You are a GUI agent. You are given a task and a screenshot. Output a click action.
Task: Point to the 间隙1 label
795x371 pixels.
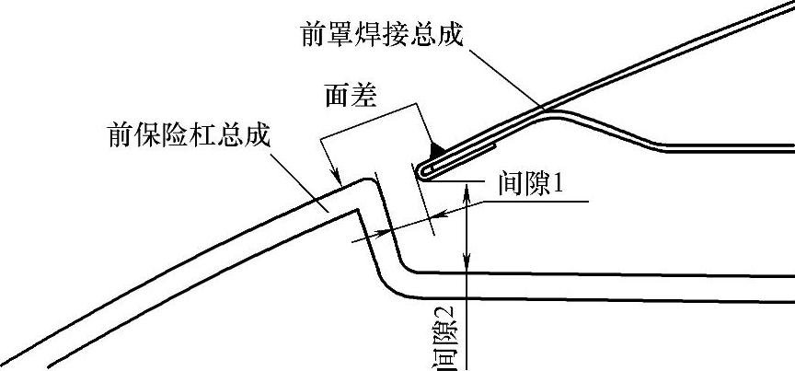pos(530,184)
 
